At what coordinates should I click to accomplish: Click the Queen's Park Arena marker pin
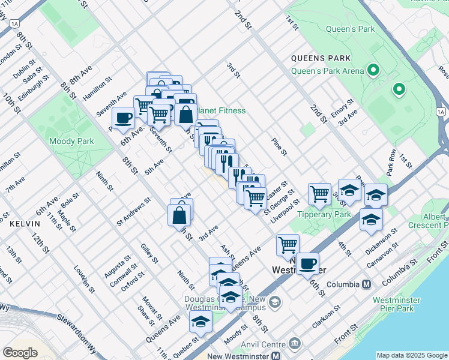[x=373, y=71]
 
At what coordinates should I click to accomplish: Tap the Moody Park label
[x=71, y=141]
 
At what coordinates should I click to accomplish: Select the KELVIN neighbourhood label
[x=25, y=223]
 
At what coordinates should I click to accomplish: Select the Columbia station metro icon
[x=366, y=284]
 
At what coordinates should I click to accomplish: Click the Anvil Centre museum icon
[x=294, y=343]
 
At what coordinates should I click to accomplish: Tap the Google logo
[x=20, y=352]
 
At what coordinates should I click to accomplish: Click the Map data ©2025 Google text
[x=411, y=355]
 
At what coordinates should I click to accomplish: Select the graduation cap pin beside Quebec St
[x=200, y=322]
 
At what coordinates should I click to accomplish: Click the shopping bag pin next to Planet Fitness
[x=186, y=113]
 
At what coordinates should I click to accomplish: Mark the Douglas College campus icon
[x=275, y=301]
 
